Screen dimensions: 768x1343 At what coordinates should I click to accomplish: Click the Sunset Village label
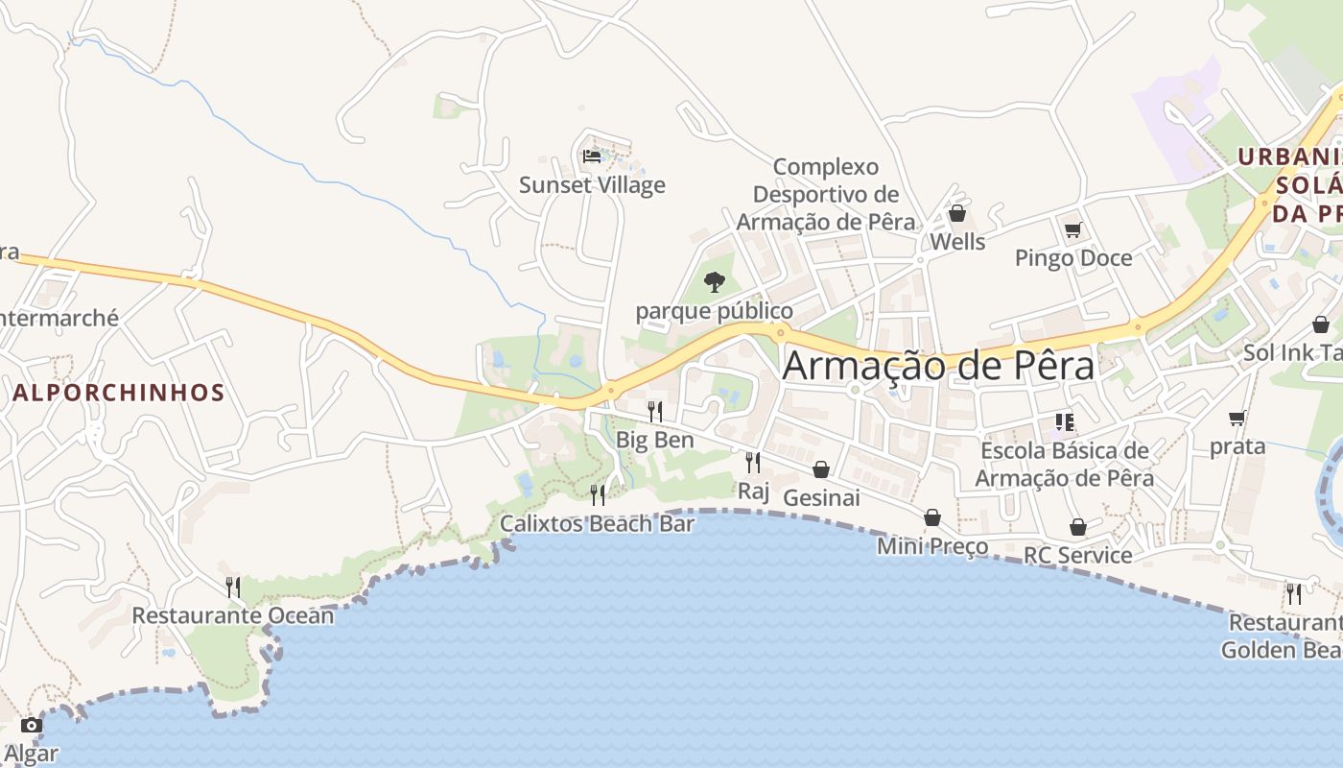(592, 184)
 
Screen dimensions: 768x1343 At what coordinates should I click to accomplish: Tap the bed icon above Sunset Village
(592, 156)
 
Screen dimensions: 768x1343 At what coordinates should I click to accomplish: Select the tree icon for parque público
(714, 281)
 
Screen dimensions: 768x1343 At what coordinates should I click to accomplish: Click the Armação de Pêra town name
(938, 366)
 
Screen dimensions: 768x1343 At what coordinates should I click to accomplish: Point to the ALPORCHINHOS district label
(119, 392)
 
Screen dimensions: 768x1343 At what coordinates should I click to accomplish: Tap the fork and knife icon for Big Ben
(655, 411)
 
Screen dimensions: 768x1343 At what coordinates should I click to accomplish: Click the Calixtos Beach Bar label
(597, 523)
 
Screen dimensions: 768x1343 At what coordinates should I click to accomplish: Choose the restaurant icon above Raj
(753, 462)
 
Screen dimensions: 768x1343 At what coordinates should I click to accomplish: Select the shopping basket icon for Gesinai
(821, 469)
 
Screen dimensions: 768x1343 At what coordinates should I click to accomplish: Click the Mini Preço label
(932, 546)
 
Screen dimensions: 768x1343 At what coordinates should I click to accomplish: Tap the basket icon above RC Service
(1078, 527)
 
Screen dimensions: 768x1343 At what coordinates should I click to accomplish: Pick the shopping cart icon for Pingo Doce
(1072, 229)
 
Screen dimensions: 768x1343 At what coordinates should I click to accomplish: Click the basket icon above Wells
(956, 213)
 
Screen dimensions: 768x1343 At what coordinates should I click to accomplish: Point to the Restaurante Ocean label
(233, 614)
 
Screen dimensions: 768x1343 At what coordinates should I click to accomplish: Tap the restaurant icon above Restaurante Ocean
(233, 587)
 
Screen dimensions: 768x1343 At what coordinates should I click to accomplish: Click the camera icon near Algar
(32, 725)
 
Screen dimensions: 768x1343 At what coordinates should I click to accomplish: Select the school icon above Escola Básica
(1064, 422)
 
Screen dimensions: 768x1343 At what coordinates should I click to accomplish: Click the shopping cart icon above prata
(1237, 418)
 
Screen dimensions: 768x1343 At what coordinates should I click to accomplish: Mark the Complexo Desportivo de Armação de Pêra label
(826, 194)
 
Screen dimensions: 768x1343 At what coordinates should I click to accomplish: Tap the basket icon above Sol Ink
(1321, 324)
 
